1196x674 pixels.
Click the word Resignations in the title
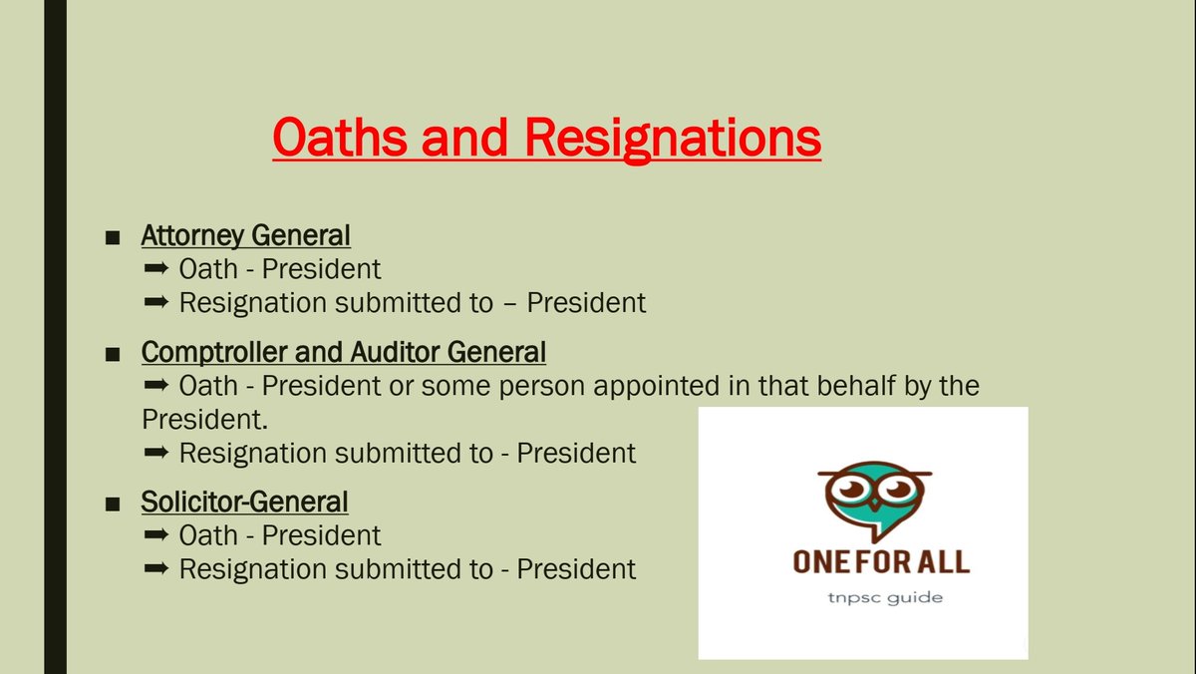[674, 140]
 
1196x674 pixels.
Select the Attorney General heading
[245, 236]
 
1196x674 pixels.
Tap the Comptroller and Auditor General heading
[343, 352]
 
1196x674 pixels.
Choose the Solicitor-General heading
[244, 501]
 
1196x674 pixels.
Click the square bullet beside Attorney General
[114, 237]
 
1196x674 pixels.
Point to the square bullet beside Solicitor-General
[114, 502]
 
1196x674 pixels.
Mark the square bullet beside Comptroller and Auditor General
[114, 353]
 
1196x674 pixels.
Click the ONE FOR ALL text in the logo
[881, 561]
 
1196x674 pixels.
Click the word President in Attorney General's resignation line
[586, 303]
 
